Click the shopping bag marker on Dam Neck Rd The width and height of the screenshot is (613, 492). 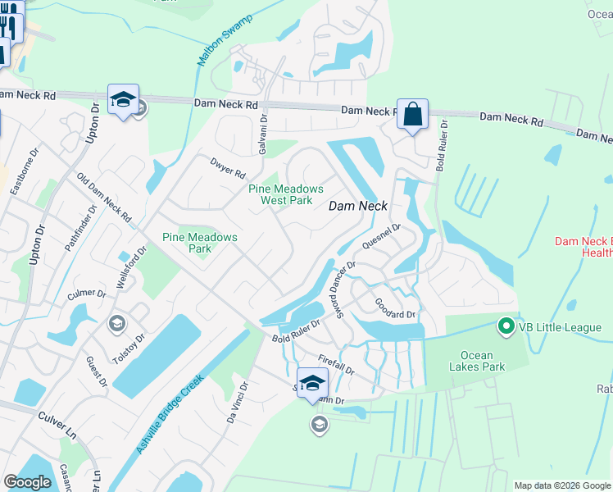pos(413,114)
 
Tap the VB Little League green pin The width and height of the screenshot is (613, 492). pos(506,327)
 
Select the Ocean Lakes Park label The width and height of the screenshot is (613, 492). pos(471,361)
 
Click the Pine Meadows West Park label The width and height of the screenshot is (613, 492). pos(286,194)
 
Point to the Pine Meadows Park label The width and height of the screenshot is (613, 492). pos(199,243)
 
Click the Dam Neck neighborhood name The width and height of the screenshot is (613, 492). pos(357,206)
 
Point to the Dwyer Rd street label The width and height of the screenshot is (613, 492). pos(228,169)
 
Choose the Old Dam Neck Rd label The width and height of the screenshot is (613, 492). pos(104,198)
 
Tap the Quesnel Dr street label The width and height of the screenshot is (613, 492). pos(380,237)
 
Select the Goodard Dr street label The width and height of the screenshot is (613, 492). pos(395,308)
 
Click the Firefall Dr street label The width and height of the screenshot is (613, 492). pos(336,364)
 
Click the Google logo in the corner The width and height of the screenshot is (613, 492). pos(28,482)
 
